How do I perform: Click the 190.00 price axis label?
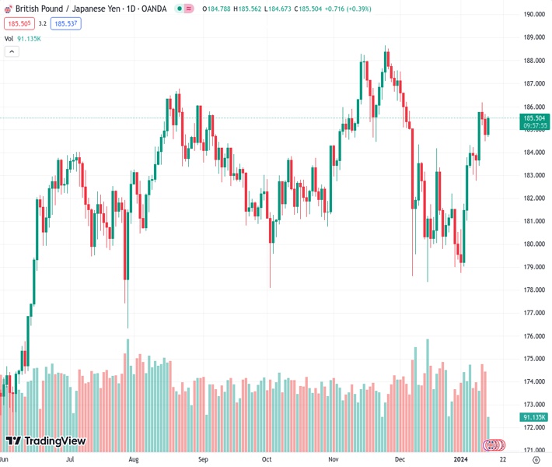[533, 15]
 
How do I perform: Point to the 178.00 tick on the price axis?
[533, 290]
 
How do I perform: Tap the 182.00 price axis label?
[533, 198]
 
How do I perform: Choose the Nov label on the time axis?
[334, 459]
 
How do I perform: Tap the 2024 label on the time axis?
[464, 459]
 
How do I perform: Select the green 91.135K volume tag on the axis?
[534, 418]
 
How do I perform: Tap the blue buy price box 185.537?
[66, 24]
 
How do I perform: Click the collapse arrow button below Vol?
[12, 51]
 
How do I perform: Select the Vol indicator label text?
[9, 38]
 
